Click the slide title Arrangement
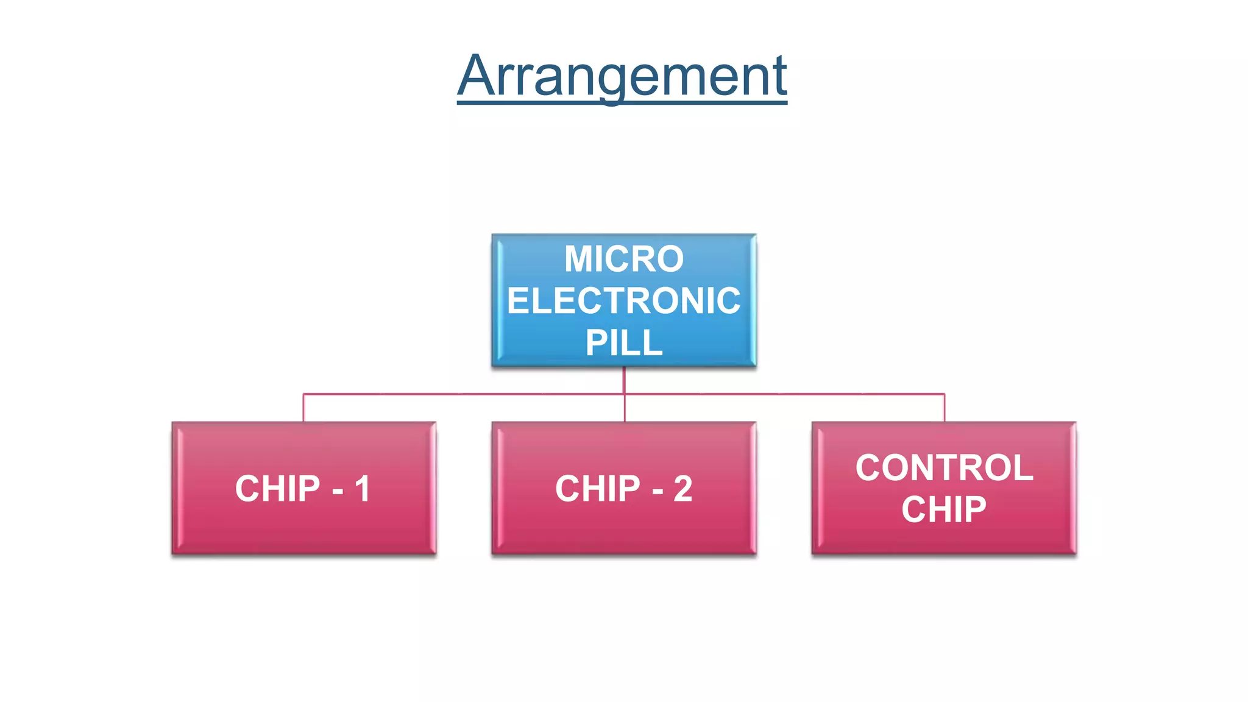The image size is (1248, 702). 622,76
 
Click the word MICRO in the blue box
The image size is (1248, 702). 624,259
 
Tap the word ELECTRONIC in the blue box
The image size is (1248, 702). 624,301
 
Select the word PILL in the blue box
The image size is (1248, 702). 624,342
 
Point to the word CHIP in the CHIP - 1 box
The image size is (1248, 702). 278,489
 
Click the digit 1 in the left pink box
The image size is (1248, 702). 363,489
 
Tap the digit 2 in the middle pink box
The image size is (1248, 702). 683,489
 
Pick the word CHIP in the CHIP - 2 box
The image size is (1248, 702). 598,489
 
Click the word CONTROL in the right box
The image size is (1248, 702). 944,468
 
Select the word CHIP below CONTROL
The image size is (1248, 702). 944,509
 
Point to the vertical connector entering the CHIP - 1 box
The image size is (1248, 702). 303,408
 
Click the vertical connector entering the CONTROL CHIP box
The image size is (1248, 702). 945,408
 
